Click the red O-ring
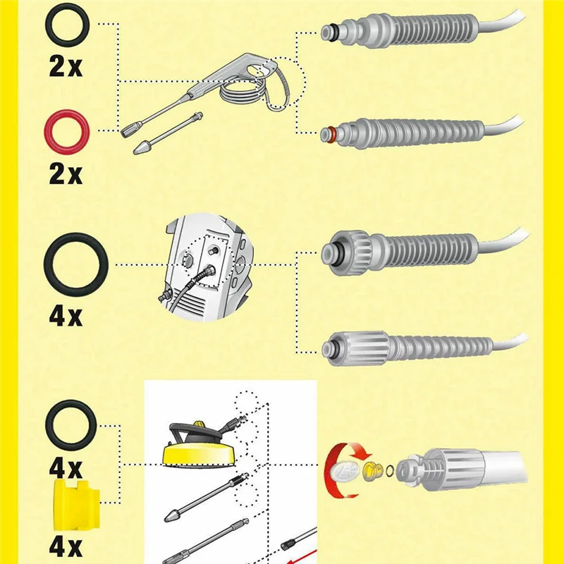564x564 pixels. pyautogui.click(x=66, y=132)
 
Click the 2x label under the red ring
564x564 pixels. pyautogui.click(x=66, y=173)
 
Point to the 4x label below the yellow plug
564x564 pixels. pyautogui.click(x=66, y=546)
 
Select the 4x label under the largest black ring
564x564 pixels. pyautogui.click(x=66, y=315)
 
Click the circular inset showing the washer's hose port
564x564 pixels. pyautogui.click(x=204, y=268)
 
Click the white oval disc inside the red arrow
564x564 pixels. pyautogui.click(x=342, y=470)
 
